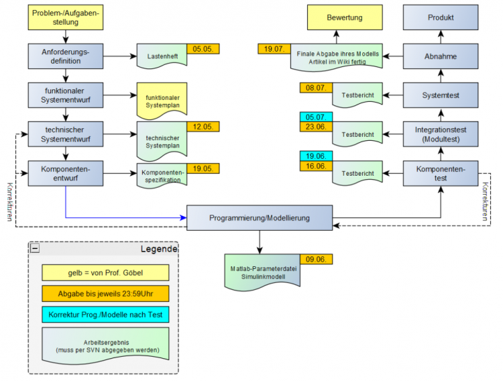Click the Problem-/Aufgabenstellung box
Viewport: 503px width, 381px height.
click(65, 17)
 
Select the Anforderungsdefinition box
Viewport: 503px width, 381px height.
click(65, 56)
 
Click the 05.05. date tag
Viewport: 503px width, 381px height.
click(203, 48)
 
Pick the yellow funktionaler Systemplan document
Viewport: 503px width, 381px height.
click(162, 102)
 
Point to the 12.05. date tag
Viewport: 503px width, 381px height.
click(203, 127)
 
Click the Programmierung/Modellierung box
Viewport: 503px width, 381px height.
click(260, 218)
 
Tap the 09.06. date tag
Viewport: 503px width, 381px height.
click(317, 259)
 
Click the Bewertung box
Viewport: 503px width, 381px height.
click(345, 17)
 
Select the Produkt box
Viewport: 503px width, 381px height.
click(441, 17)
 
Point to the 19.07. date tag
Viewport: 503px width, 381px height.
click(274, 48)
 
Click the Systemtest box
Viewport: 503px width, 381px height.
click(441, 95)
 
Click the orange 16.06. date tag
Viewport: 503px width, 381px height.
click(316, 166)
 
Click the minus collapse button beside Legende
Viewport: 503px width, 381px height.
click(35, 248)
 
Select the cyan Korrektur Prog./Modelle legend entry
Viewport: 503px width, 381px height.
click(104, 315)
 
